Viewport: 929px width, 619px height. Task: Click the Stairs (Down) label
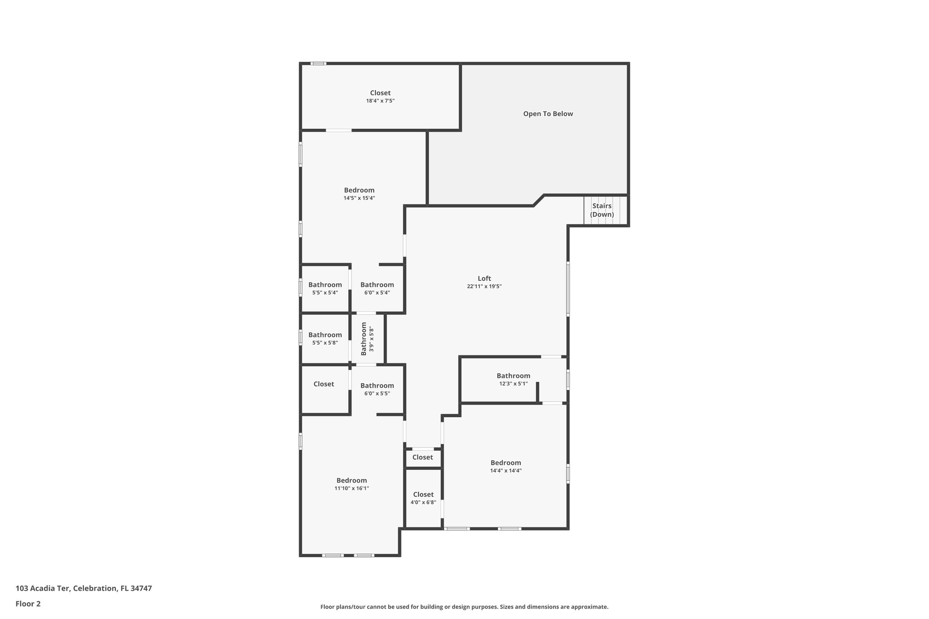pyautogui.click(x=601, y=210)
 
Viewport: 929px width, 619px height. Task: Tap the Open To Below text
pyautogui.click(x=548, y=114)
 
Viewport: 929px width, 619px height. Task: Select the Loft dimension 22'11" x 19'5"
pyautogui.click(x=484, y=287)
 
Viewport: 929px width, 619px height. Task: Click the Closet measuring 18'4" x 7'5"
pyautogui.click(x=380, y=97)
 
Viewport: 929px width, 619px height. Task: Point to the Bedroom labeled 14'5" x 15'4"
pyautogui.click(x=359, y=194)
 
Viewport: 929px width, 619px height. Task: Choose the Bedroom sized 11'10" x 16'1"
pyautogui.click(x=352, y=484)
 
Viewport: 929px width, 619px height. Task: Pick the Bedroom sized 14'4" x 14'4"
pyautogui.click(x=506, y=466)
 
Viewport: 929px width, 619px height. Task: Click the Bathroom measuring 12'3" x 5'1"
pyautogui.click(x=513, y=379)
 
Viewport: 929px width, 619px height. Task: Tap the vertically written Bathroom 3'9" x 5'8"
pyautogui.click(x=367, y=339)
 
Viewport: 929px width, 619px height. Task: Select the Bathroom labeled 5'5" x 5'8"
pyautogui.click(x=325, y=338)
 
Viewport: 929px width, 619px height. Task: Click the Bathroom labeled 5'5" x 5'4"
pyautogui.click(x=325, y=288)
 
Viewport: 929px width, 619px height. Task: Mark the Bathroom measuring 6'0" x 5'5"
pyautogui.click(x=377, y=389)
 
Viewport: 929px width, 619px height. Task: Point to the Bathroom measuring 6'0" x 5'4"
pyautogui.click(x=377, y=288)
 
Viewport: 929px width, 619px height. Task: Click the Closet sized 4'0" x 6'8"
pyautogui.click(x=423, y=498)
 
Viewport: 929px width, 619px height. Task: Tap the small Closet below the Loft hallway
pyautogui.click(x=422, y=457)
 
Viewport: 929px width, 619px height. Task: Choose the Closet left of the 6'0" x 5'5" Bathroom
pyautogui.click(x=323, y=384)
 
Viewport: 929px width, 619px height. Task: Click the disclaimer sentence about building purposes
pyautogui.click(x=464, y=607)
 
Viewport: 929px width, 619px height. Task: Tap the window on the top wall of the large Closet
pyautogui.click(x=318, y=63)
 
